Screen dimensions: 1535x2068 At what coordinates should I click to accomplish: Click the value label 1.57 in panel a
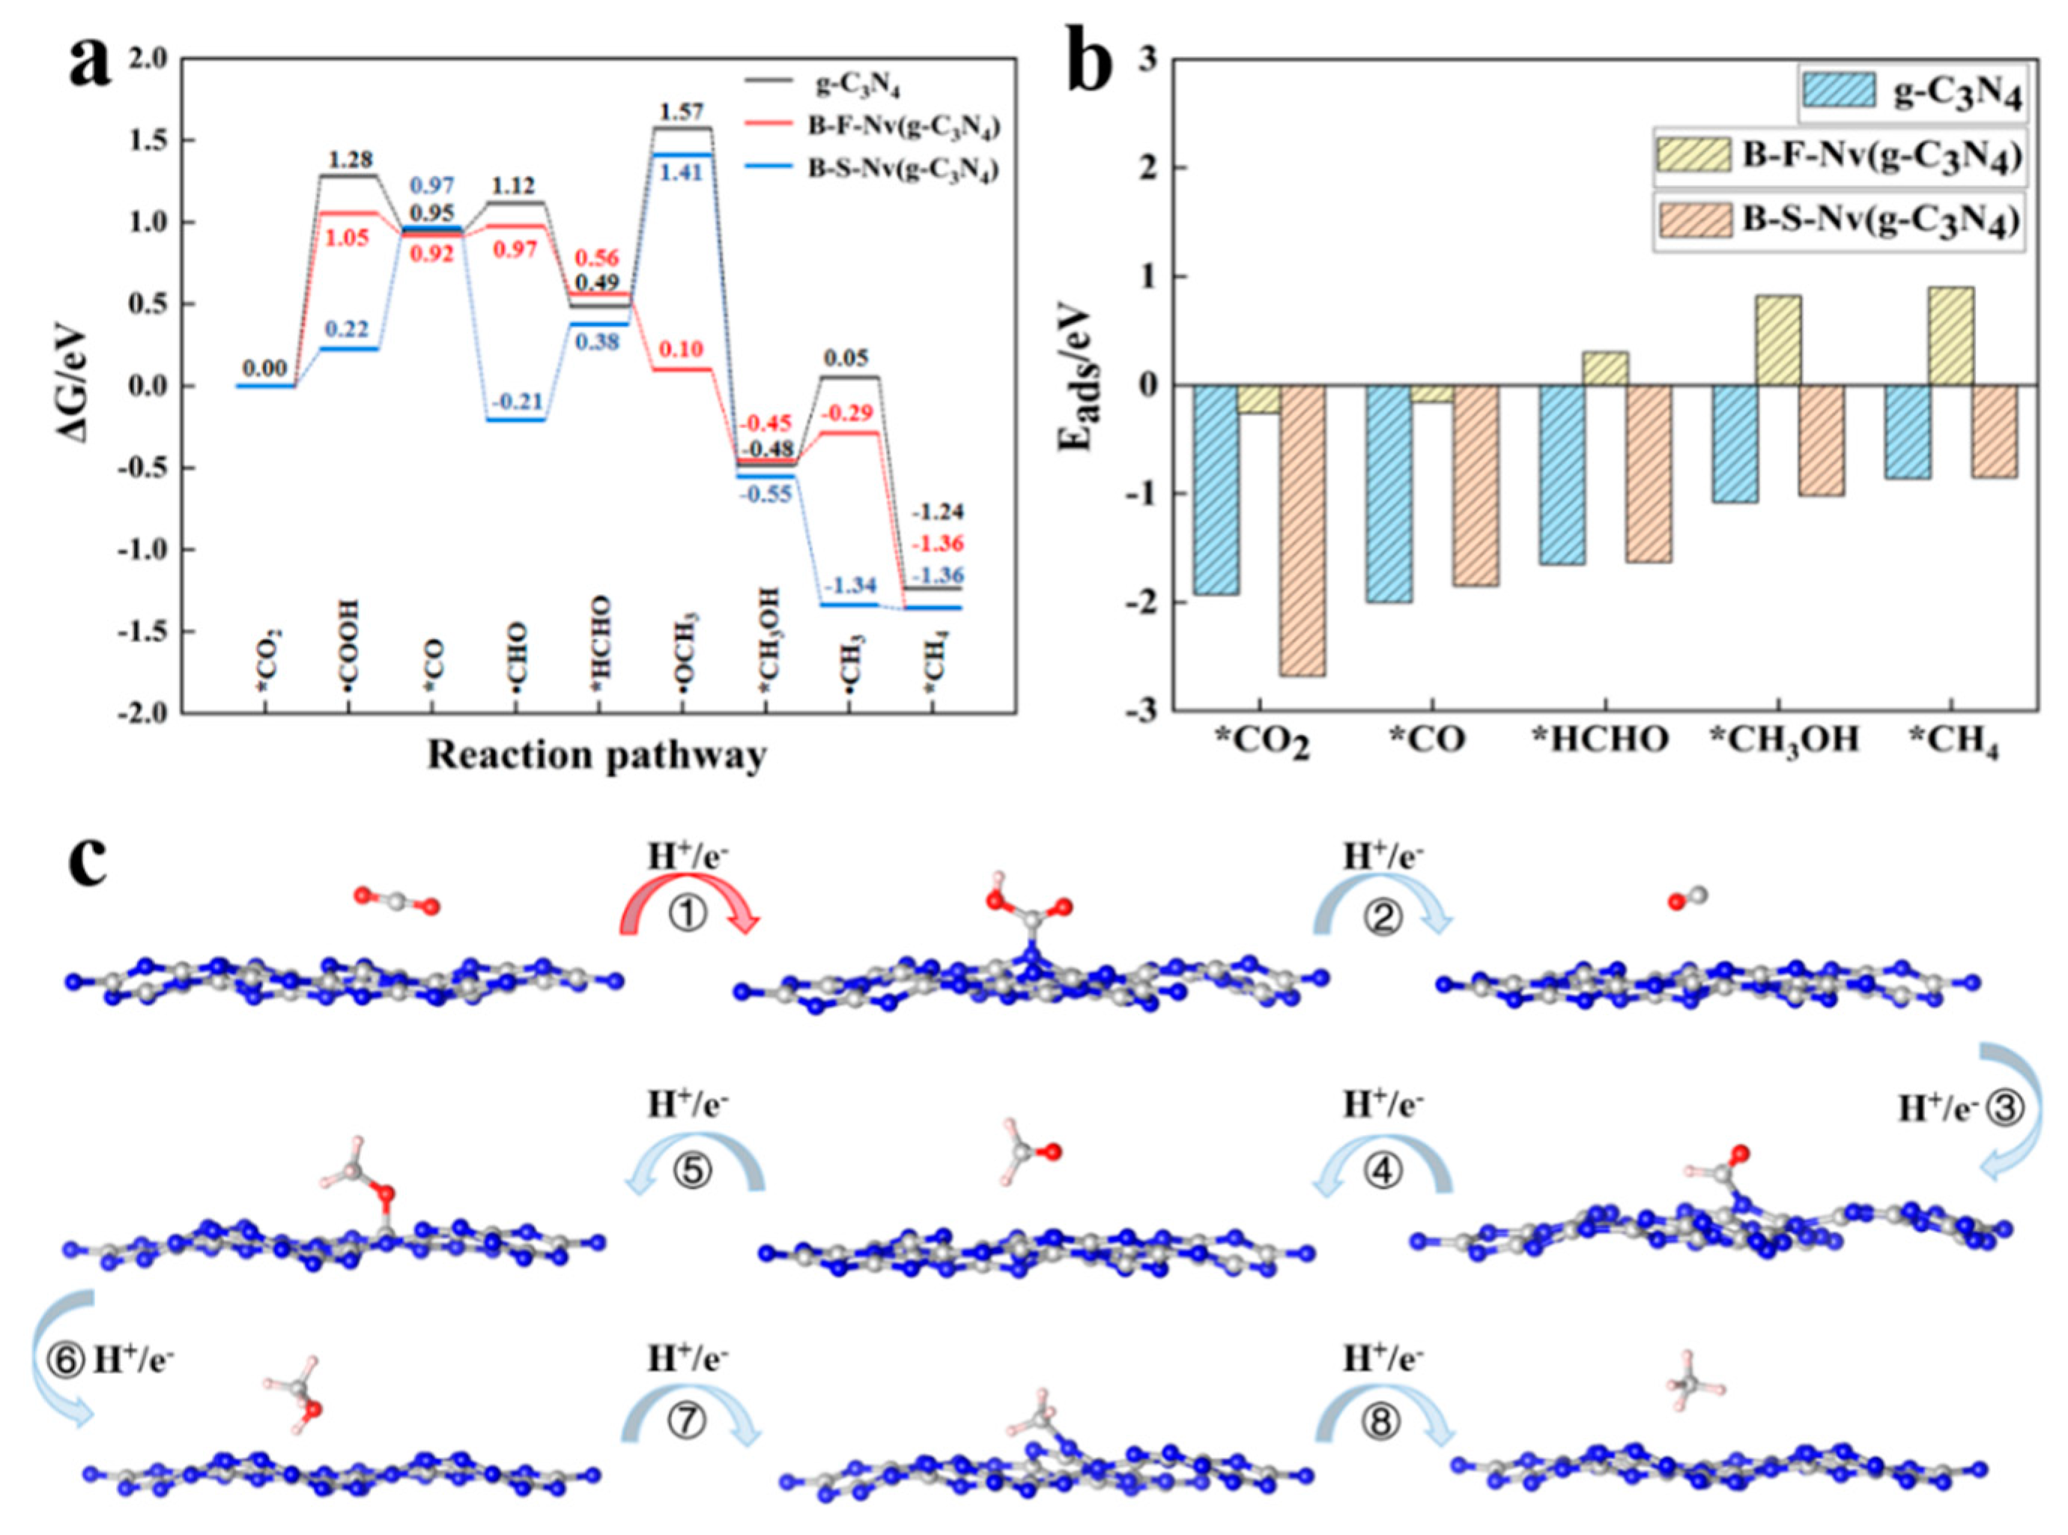pos(681,112)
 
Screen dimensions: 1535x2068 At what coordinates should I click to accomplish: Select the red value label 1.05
pos(348,238)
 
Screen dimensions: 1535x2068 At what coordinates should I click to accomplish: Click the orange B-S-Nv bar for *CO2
pos(1303,530)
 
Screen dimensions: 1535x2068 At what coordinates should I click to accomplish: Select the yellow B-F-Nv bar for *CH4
pos(1951,336)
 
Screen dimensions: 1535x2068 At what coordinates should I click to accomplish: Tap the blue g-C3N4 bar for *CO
pos(1388,494)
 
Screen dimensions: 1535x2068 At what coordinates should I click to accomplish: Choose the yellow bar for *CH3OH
pos(1778,340)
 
